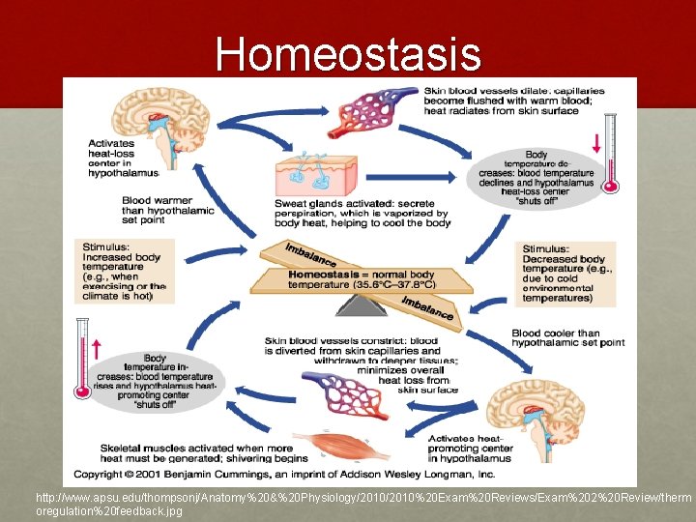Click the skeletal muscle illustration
[x=339, y=446]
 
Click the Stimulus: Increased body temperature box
[x=125, y=271]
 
